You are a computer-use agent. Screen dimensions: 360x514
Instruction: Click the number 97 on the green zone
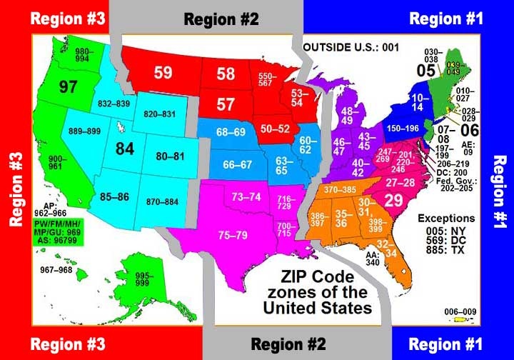(69, 87)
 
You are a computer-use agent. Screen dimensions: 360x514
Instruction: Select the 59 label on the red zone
(163, 72)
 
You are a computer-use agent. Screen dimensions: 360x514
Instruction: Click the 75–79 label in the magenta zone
(233, 234)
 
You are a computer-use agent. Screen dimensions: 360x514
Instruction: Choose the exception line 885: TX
(447, 251)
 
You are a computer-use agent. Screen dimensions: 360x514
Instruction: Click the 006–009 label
(458, 311)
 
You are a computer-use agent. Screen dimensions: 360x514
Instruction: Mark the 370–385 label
(341, 190)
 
